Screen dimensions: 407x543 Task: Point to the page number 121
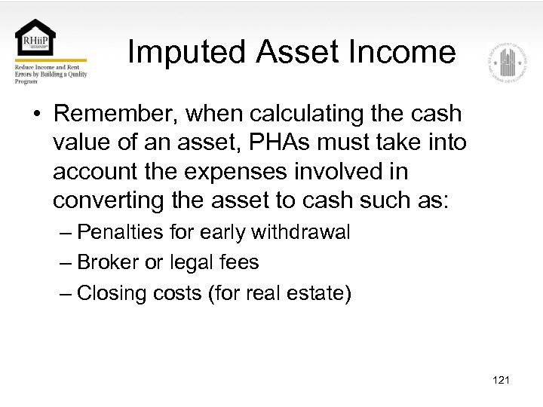coord(501,380)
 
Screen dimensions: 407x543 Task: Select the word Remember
coord(116,114)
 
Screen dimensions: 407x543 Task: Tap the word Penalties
coord(121,232)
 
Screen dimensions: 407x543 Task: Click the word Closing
coord(112,292)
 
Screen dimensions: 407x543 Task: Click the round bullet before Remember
coord(36,115)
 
